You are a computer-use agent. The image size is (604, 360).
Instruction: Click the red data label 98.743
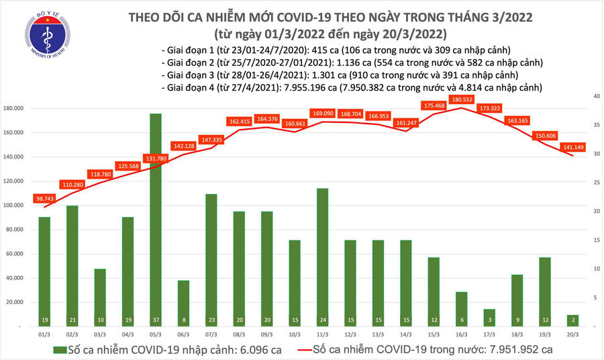pos(45,200)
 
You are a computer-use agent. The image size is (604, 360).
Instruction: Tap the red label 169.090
pos(322,114)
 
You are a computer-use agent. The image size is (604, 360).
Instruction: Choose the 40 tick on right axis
pos(596,97)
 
